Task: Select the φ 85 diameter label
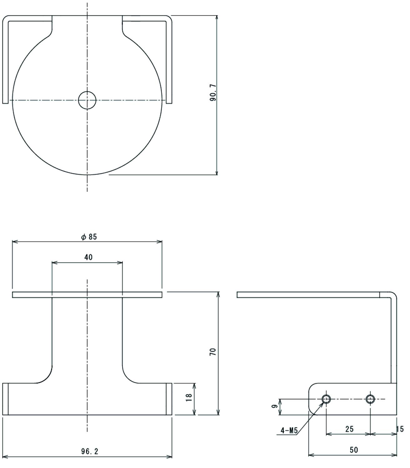[89, 237]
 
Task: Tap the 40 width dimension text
[88, 257]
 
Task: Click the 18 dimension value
[189, 397]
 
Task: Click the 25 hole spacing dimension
[349, 429]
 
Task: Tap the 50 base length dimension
[354, 450]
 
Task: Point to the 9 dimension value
[274, 406]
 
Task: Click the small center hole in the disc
[87, 100]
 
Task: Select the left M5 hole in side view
[326, 399]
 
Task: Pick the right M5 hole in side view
[370, 399]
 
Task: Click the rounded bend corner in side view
[393, 295]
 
